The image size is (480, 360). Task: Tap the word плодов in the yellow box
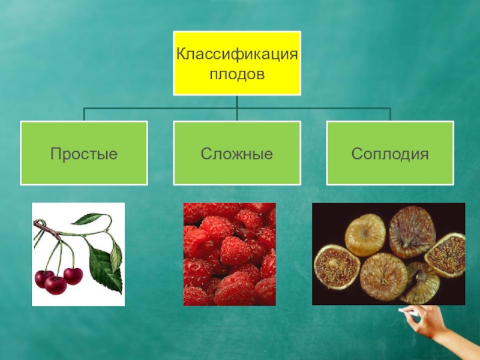tap(237, 74)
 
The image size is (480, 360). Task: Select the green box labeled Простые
tap(84, 154)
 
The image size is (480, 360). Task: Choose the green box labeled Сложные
tap(237, 154)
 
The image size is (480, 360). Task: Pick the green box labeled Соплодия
tap(390, 154)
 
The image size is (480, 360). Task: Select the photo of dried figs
tap(388, 253)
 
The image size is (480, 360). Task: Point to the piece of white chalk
tap(403, 311)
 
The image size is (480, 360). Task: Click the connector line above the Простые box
tap(84, 114)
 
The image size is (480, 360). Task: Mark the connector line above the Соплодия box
tap(390, 114)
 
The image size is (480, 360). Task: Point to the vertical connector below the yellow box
tap(237, 102)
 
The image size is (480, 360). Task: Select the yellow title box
tap(237, 64)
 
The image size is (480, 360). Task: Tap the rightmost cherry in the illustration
tap(73, 275)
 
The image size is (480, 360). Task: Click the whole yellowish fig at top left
tap(365, 235)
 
